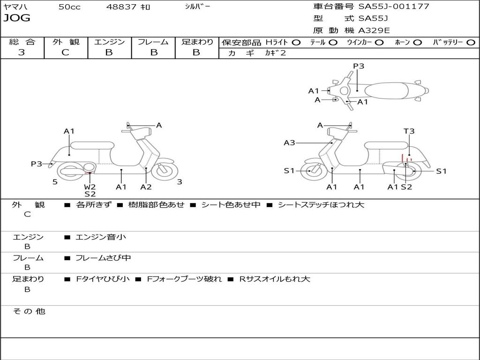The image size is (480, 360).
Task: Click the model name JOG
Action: (x=17, y=18)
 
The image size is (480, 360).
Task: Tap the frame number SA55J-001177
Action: (x=394, y=6)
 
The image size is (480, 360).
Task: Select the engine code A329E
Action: (x=374, y=30)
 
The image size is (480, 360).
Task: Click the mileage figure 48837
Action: (x=121, y=7)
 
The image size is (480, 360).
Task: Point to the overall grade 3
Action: (x=22, y=52)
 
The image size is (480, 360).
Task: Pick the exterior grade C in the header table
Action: (x=65, y=52)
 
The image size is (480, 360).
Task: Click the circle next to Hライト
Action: (x=296, y=43)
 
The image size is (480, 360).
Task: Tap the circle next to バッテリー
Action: (x=471, y=43)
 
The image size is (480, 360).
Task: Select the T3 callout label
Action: (x=409, y=131)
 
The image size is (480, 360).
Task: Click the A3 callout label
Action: (x=289, y=142)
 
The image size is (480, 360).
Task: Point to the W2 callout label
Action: (x=90, y=187)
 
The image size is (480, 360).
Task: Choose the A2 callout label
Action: (x=146, y=187)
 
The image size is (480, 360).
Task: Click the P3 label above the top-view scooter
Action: (x=359, y=66)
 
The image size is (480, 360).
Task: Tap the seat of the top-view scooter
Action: (x=386, y=91)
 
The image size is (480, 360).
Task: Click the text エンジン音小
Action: (x=101, y=237)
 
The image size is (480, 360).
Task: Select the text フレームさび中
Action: (x=103, y=258)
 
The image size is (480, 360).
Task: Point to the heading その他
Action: (x=29, y=311)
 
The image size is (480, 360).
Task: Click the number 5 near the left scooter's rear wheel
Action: (x=55, y=182)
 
